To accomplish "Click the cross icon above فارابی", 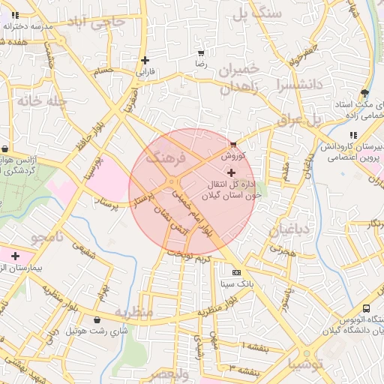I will pyautogui.click(x=145, y=60).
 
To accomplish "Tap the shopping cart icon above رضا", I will pyautogui.click(x=200, y=53).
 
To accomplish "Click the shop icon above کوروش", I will pyautogui.click(x=234, y=143).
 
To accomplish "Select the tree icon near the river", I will pyautogui.click(x=364, y=94).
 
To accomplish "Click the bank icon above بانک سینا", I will pyautogui.click(x=237, y=272).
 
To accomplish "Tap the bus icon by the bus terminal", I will pyautogui.click(x=366, y=308).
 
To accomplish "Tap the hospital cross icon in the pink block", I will pyautogui.click(x=15, y=256).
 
